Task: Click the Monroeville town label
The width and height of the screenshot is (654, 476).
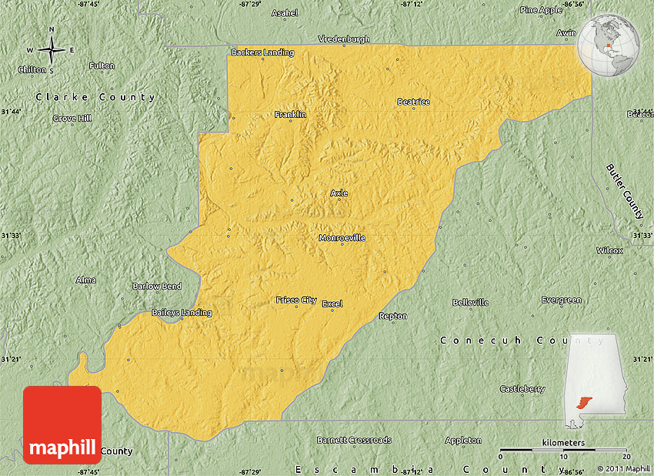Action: coord(342,238)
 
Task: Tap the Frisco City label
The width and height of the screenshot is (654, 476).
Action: coord(296,300)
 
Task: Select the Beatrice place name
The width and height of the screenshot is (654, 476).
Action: coord(413,102)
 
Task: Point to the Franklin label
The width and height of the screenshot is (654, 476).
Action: coord(290,114)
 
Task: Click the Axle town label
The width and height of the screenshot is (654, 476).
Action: coord(339,193)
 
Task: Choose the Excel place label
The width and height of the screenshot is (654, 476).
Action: coord(332,303)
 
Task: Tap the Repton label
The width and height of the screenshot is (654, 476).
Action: coord(393,316)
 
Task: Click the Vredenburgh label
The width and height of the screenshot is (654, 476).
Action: coord(345,39)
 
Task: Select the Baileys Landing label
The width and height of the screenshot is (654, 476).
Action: coord(181,312)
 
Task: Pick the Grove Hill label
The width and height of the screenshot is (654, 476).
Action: coord(72,118)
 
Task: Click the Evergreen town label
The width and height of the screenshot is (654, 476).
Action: coord(561,300)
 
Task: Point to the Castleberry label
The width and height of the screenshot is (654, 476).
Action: coord(522,389)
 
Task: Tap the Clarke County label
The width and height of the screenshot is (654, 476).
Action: coord(95,97)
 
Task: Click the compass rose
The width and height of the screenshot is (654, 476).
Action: coord(52,50)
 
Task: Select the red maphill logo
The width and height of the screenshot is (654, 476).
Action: coord(62,425)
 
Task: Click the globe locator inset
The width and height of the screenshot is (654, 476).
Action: coord(609,45)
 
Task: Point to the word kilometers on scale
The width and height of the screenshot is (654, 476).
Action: coord(562,443)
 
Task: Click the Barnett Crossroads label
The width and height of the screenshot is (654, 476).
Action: coord(354,440)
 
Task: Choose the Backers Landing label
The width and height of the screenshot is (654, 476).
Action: coord(262,52)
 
